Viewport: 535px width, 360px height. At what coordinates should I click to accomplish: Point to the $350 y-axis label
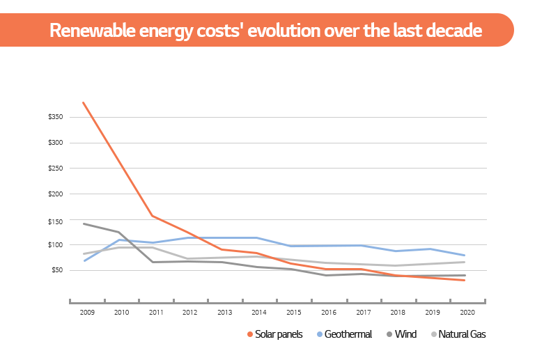(56, 117)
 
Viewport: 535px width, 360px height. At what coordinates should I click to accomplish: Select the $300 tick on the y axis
(56, 143)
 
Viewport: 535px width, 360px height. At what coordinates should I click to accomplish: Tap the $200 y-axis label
(56, 194)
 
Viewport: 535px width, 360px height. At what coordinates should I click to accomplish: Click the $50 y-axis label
(57, 270)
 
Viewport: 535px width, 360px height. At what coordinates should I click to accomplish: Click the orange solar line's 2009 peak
(84, 103)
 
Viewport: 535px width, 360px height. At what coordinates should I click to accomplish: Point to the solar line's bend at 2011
(152, 216)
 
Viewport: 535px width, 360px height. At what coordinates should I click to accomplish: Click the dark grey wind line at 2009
(84, 224)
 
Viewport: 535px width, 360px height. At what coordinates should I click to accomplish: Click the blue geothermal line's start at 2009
(84, 260)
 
